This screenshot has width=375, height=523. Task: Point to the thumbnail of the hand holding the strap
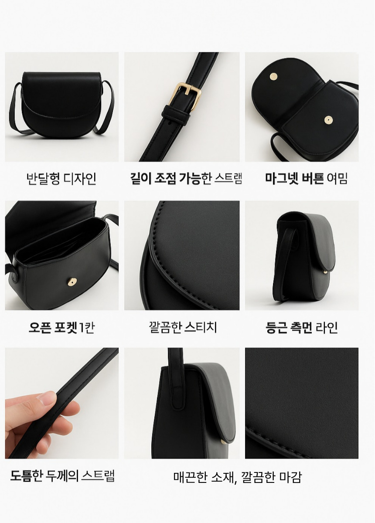pos(61,403)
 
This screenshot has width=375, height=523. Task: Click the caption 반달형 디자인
pos(61,179)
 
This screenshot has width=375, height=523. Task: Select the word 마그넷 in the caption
pos(282,179)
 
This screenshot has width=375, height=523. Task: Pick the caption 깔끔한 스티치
pos(183,327)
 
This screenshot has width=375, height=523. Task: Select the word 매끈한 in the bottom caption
pos(190,477)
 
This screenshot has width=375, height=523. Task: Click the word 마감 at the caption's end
pos(291,477)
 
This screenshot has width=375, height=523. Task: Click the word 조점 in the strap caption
pos(165,178)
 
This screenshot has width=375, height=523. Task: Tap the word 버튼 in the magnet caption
pos(313,179)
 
